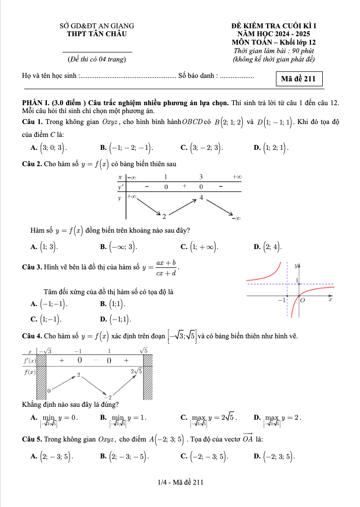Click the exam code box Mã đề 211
298,79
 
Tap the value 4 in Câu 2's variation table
201,197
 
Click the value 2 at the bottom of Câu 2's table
164,216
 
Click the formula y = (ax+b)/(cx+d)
160,268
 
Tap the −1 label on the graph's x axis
282,301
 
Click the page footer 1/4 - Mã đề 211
180,482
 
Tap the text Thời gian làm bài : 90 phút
274,51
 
